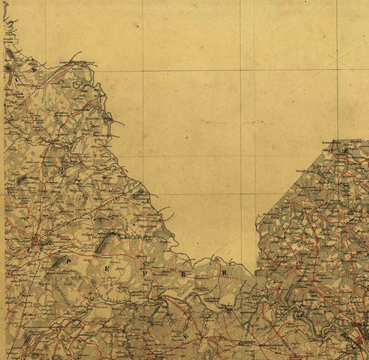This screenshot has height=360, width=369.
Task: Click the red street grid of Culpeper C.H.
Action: click(37, 240)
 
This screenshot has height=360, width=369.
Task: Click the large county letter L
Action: click(30, 252)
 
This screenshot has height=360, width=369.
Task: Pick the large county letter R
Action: click(224, 273)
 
